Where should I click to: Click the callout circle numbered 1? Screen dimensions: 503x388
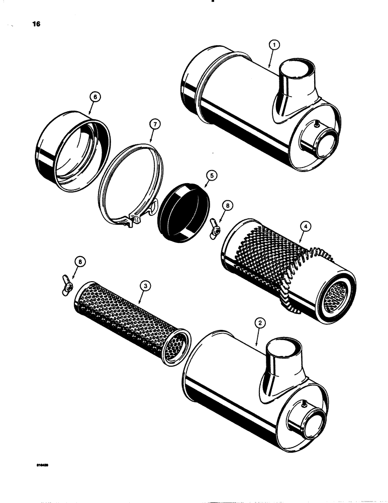point(273,45)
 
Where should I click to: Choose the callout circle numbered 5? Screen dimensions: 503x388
point(212,176)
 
